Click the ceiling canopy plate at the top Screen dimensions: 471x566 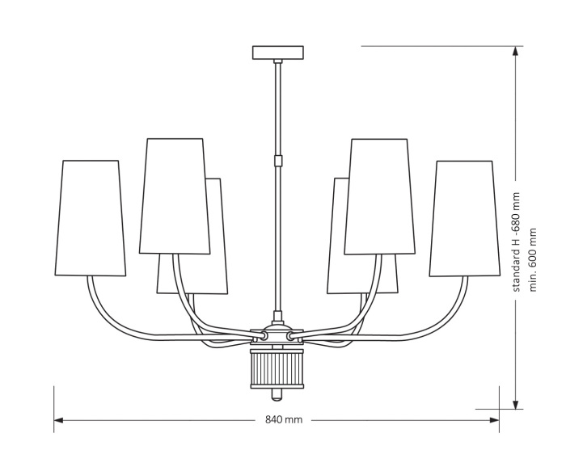[x=277, y=53]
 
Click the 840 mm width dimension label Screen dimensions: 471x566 [x=283, y=420]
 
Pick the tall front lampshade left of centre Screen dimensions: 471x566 [x=174, y=196]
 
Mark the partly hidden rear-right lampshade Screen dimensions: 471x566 [x=338, y=242]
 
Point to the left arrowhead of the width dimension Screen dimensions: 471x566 [x=58, y=420]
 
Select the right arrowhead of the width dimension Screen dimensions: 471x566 [x=496, y=420]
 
